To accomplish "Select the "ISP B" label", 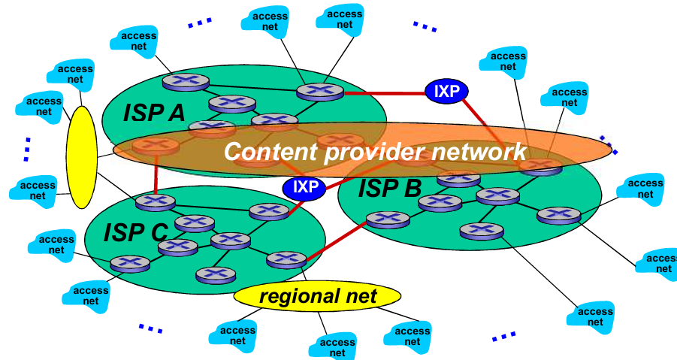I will [x=389, y=188].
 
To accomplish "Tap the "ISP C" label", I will [x=135, y=232].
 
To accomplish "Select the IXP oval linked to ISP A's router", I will [x=446, y=92].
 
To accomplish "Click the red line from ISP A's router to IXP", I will [x=383, y=93].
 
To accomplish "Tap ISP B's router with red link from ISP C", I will [x=388, y=219].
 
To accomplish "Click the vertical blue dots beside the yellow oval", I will [x=27, y=149].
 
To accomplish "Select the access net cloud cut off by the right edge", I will [x=660, y=262].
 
